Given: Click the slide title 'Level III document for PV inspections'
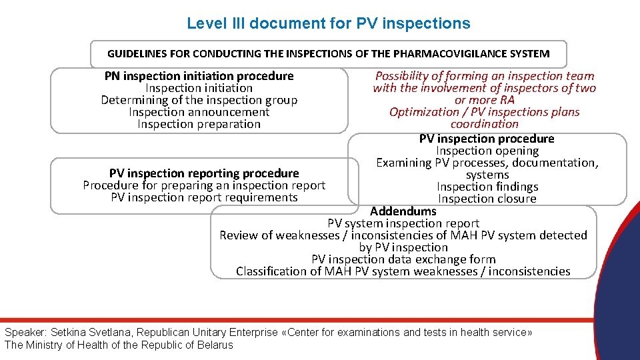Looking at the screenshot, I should pos(328,23).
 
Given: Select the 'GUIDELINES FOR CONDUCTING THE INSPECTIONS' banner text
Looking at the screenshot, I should pos(328,53).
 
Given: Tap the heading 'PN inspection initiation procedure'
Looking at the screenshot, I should pos(199,76).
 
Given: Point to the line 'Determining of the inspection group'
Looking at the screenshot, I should pos(199,100).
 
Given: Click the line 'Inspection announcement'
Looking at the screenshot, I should pos(199,112).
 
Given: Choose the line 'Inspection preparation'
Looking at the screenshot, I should pos(199,124).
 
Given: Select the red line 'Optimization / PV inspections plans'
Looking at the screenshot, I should pos(484,112).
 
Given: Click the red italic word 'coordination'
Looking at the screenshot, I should pos(484,124).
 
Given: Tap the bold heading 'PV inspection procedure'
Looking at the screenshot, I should pos(487,139).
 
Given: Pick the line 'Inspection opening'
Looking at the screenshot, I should pos(487,151).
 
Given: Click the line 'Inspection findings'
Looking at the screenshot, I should pos(487,187).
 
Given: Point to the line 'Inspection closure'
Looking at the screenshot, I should pos(487,199).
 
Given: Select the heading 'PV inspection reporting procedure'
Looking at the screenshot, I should pos(204,173).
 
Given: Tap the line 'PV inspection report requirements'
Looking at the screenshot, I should pos(204,197).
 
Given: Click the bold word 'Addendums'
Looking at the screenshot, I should pos(403,211).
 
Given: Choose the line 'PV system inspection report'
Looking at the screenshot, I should pos(403,223).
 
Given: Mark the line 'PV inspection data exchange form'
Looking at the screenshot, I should pos(403,259).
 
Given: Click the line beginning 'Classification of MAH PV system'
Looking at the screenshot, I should pos(403,271).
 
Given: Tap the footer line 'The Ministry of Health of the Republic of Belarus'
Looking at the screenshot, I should pos(119,345).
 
